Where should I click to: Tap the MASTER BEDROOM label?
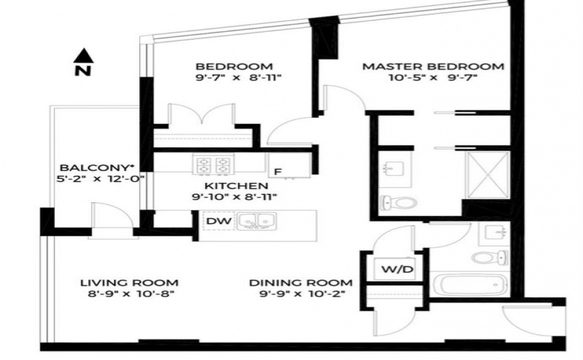point(433,67)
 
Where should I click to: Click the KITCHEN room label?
point(236,186)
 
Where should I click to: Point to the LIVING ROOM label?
point(130,283)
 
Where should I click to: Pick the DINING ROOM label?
point(301,283)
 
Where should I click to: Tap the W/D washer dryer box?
point(397,269)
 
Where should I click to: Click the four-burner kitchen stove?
point(213,164)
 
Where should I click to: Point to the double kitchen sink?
point(257,221)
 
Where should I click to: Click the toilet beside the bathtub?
point(490,257)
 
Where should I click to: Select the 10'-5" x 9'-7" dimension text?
point(433,77)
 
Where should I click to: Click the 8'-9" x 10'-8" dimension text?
point(131,293)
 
